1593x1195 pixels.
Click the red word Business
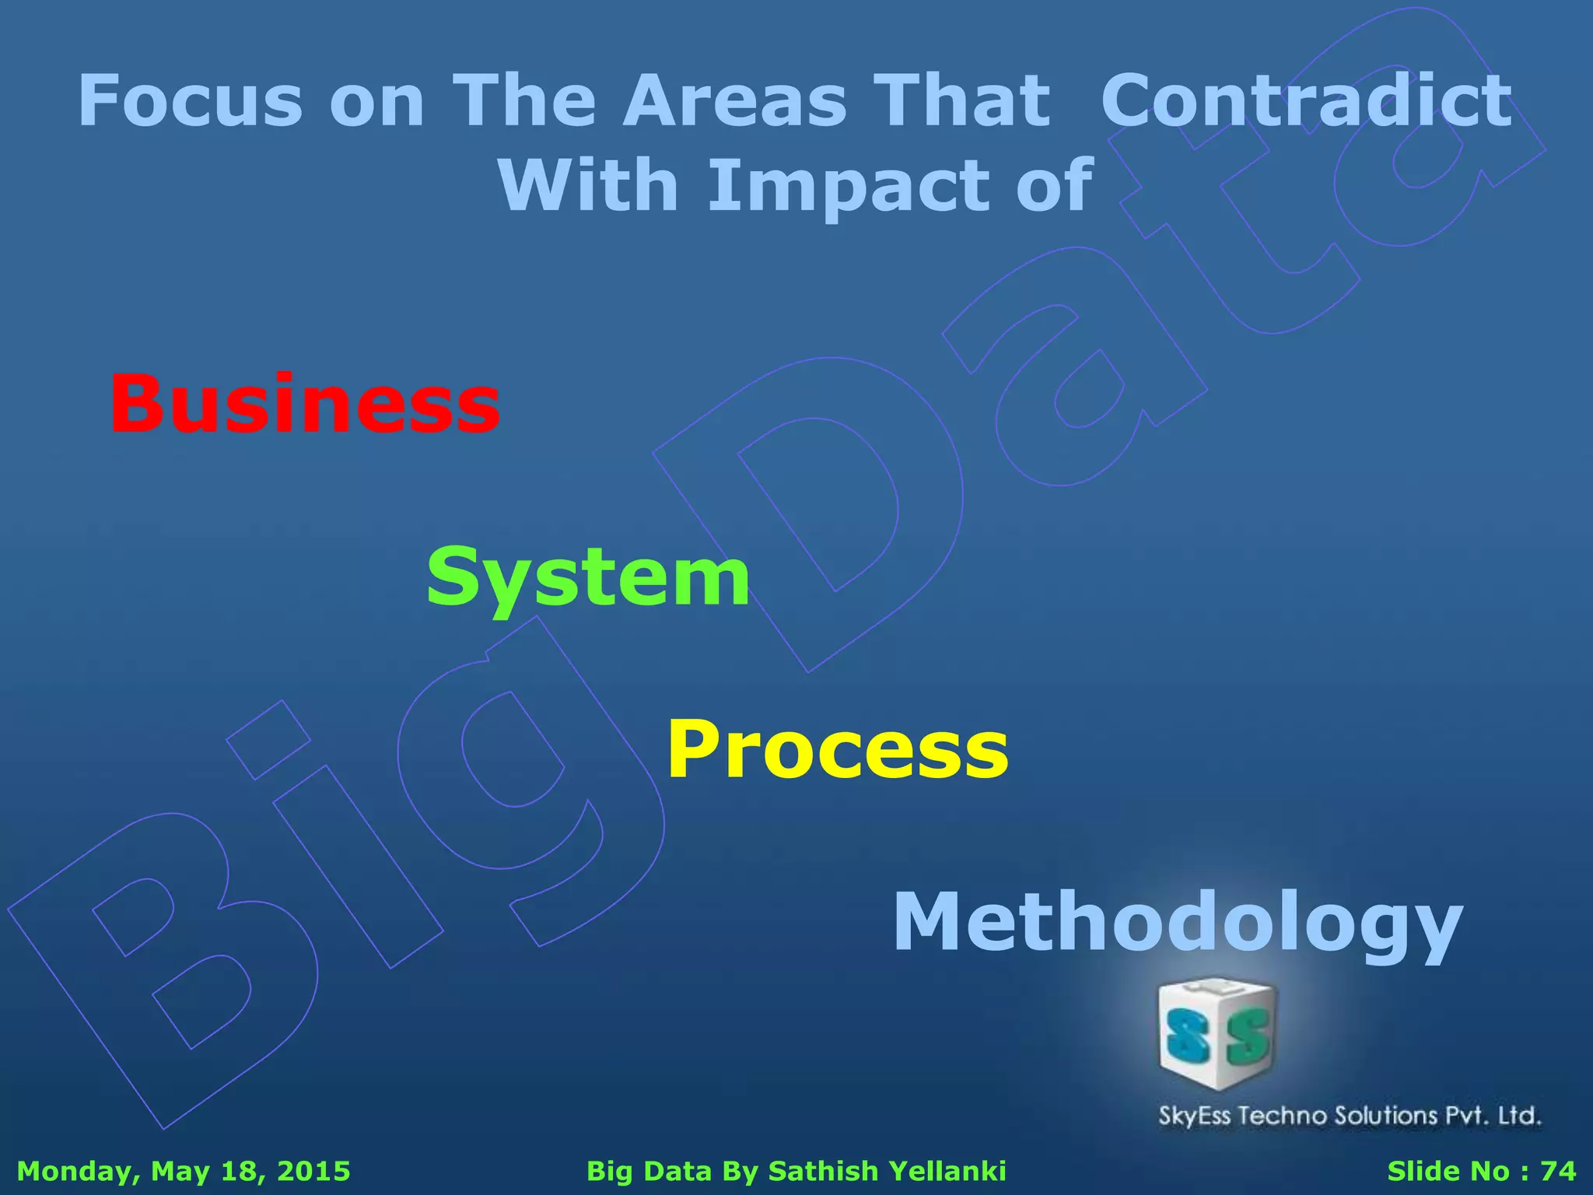(x=305, y=405)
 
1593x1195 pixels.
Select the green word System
(x=588, y=577)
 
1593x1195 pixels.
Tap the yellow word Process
(x=838, y=748)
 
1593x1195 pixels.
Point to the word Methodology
(x=1178, y=923)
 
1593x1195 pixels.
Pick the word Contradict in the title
(x=1307, y=101)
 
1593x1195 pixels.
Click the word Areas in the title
(x=735, y=101)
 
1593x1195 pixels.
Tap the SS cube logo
(x=1217, y=1035)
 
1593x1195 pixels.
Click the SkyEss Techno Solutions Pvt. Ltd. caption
(x=1350, y=1116)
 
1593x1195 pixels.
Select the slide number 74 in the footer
(x=1558, y=1171)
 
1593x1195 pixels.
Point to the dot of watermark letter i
(x=268, y=740)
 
